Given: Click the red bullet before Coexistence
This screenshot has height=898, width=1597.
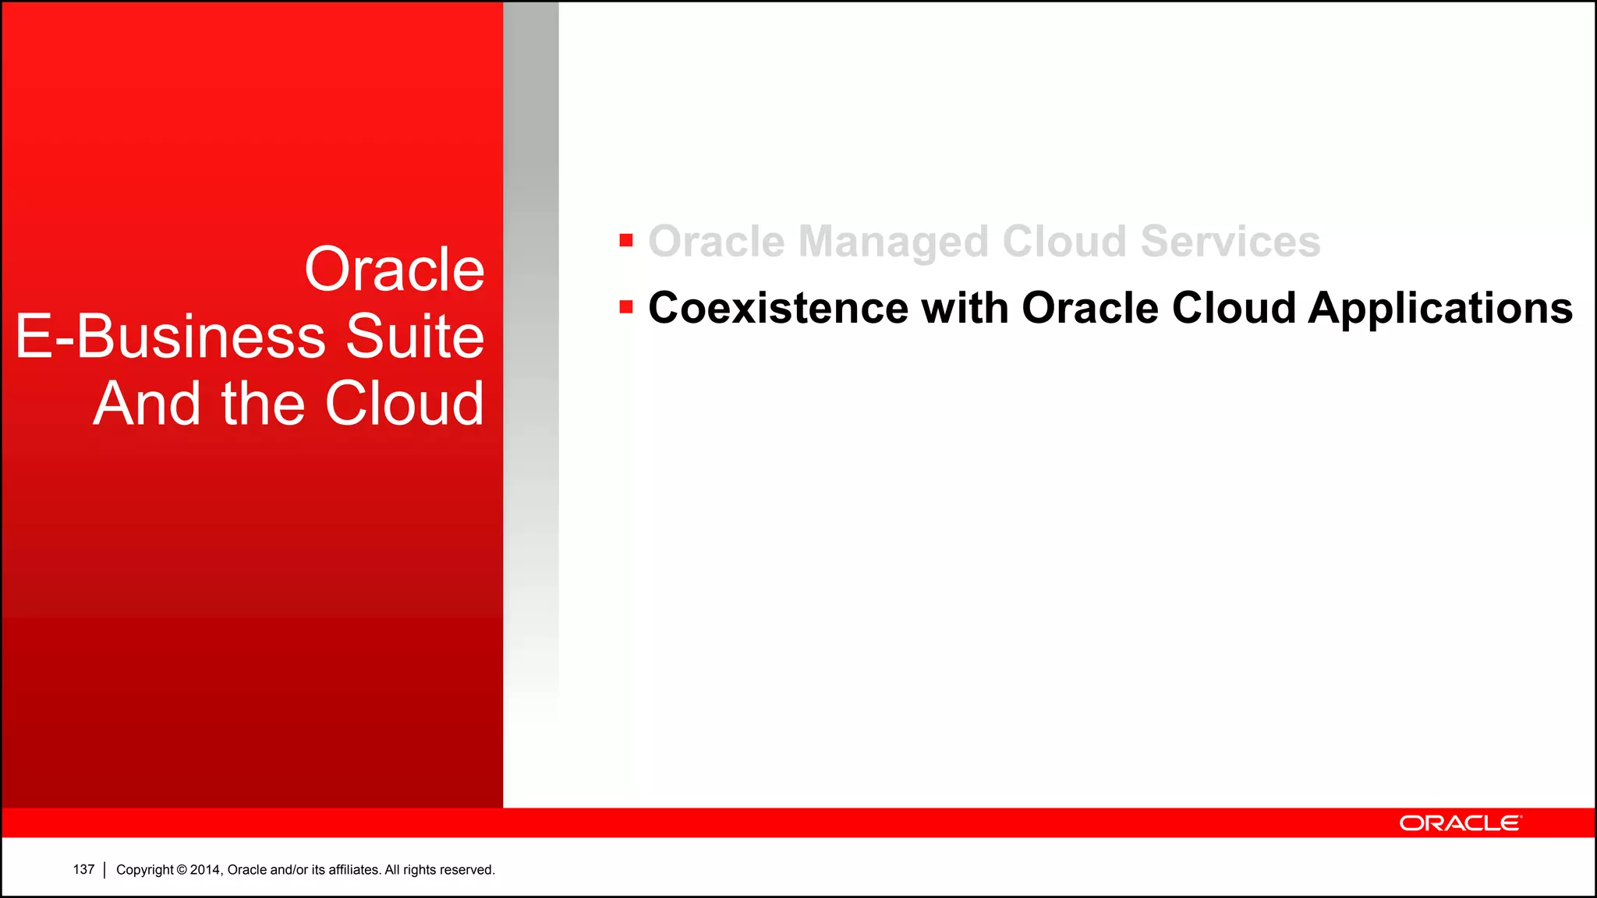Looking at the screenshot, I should pyautogui.click(x=626, y=307).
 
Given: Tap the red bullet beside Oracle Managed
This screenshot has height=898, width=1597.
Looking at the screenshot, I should pyautogui.click(x=626, y=240).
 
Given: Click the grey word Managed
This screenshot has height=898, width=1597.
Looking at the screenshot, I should pyautogui.click(x=893, y=241).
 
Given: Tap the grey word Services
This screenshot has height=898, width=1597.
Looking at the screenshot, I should pyautogui.click(x=1231, y=241).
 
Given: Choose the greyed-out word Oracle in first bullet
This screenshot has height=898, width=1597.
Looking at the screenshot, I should pyautogui.click(x=716, y=241).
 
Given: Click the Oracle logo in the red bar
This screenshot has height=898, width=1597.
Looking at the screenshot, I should pyautogui.click(x=1460, y=823).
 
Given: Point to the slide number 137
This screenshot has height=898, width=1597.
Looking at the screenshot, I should pyautogui.click(x=83, y=869).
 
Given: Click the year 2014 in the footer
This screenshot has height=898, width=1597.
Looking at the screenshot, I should pyautogui.click(x=206, y=870).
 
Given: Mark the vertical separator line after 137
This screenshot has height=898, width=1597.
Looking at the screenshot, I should pyautogui.click(x=104, y=870).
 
